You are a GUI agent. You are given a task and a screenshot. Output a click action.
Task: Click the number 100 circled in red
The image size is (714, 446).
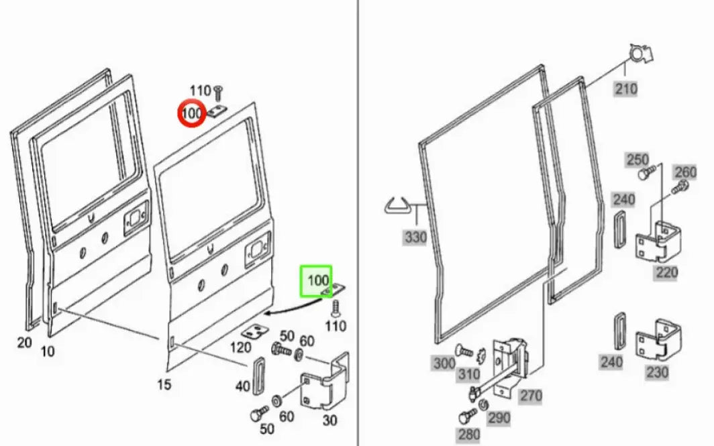coord(192,113)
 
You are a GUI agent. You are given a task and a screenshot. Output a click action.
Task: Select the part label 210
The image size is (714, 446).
coord(626,89)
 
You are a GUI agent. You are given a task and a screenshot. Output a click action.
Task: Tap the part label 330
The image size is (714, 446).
coord(415,237)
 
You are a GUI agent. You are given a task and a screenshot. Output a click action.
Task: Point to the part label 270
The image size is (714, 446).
coord(530,396)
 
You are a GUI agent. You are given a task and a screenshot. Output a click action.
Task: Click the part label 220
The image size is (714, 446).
coord(666,272)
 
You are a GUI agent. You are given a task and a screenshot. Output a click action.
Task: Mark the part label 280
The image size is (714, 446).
coord(468,434)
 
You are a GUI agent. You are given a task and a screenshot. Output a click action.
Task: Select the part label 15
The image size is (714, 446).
coord(164,384)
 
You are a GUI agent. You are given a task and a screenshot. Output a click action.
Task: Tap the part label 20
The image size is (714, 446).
coord(24,343)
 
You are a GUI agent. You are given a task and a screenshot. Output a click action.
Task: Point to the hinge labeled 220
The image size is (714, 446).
coord(658,242)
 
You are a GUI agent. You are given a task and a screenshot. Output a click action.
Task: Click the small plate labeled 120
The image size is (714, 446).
coord(254,332)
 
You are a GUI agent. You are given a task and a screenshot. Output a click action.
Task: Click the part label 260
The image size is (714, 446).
coord(685,172)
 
